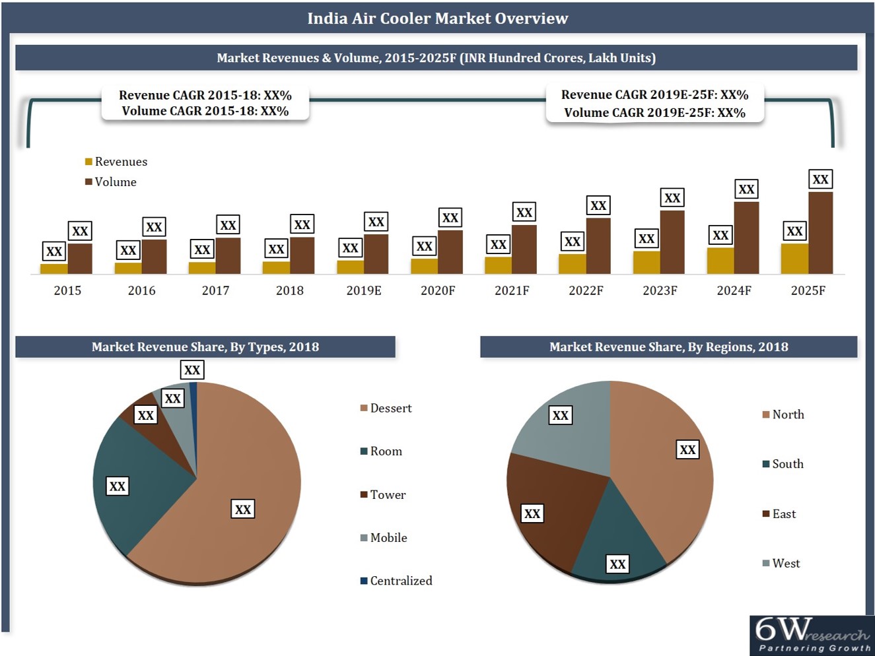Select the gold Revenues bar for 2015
click(x=53, y=269)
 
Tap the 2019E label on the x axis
click(x=364, y=290)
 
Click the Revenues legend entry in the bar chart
click(x=116, y=162)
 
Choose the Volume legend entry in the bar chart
click(x=111, y=182)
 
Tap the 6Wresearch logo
click(x=812, y=635)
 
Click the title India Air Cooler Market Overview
click(x=437, y=18)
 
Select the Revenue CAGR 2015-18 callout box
click(x=205, y=103)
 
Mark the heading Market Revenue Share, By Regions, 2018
click(x=668, y=347)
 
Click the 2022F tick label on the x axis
click(x=586, y=290)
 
